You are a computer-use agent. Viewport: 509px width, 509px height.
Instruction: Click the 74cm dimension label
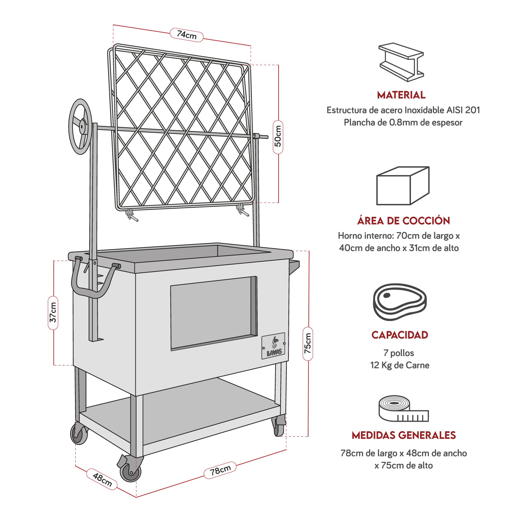click(187, 35)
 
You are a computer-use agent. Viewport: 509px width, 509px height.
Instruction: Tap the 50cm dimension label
click(278, 136)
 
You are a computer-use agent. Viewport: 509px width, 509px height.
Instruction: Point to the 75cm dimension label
click(307, 343)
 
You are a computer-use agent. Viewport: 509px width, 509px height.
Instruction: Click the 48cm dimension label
click(102, 479)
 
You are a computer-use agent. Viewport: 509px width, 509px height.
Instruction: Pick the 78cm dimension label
click(220, 470)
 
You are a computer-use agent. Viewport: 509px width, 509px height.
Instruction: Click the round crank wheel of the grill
click(80, 126)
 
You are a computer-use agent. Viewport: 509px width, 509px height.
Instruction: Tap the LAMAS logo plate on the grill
click(274, 346)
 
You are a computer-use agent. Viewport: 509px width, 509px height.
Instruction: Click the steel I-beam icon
click(401, 62)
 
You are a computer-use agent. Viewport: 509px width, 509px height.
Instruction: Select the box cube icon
click(403, 186)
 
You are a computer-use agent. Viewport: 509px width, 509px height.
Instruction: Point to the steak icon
click(400, 301)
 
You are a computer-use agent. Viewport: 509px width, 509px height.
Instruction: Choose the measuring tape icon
click(403, 409)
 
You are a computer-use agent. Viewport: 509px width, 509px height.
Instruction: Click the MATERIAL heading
click(401, 95)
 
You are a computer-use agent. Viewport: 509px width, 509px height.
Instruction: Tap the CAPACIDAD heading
click(400, 335)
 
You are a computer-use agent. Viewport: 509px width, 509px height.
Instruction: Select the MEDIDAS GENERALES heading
click(403, 435)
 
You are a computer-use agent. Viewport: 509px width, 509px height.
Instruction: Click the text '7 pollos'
click(399, 353)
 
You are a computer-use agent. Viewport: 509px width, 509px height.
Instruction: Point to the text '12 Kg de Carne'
click(400, 365)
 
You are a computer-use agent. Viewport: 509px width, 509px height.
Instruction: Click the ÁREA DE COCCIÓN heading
click(403, 221)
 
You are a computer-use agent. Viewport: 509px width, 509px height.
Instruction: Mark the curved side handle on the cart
click(92, 285)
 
